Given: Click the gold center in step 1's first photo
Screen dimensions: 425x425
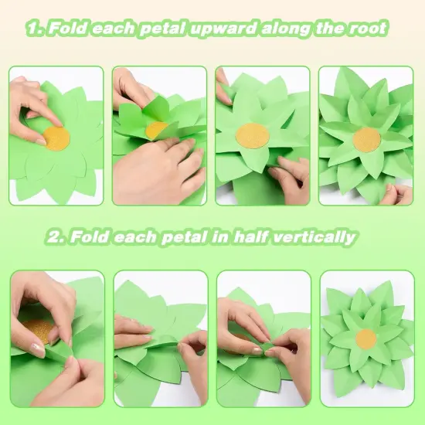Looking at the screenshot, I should point(56,138).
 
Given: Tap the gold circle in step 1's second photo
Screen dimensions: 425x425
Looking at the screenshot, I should point(157,129).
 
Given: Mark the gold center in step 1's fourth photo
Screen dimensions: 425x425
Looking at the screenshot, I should point(366,140).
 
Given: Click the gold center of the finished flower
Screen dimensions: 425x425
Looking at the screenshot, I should point(366,338).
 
